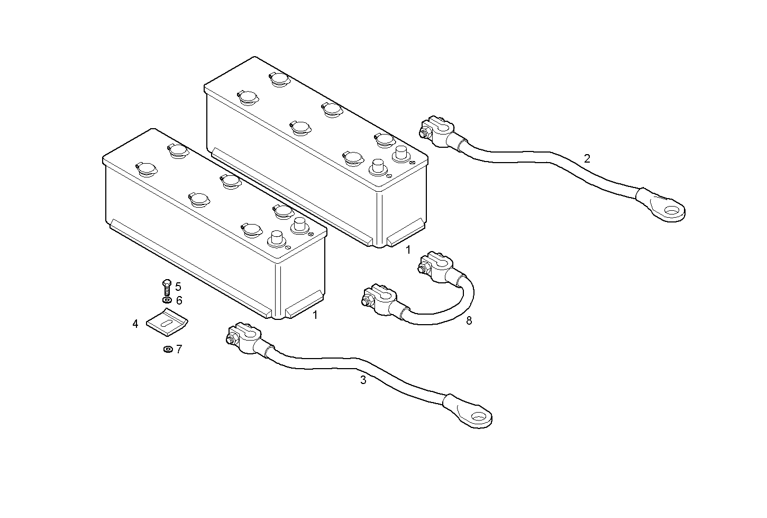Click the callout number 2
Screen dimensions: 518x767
point(587,158)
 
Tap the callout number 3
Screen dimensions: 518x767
point(363,380)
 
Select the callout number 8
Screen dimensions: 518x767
point(469,320)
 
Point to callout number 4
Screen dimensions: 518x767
point(135,323)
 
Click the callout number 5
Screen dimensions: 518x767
point(178,287)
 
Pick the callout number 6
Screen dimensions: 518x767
point(179,300)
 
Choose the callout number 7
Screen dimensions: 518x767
point(179,349)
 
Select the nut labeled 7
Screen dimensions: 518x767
point(167,349)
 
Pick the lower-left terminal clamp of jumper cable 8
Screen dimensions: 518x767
point(379,298)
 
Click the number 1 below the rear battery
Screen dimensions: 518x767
point(408,249)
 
